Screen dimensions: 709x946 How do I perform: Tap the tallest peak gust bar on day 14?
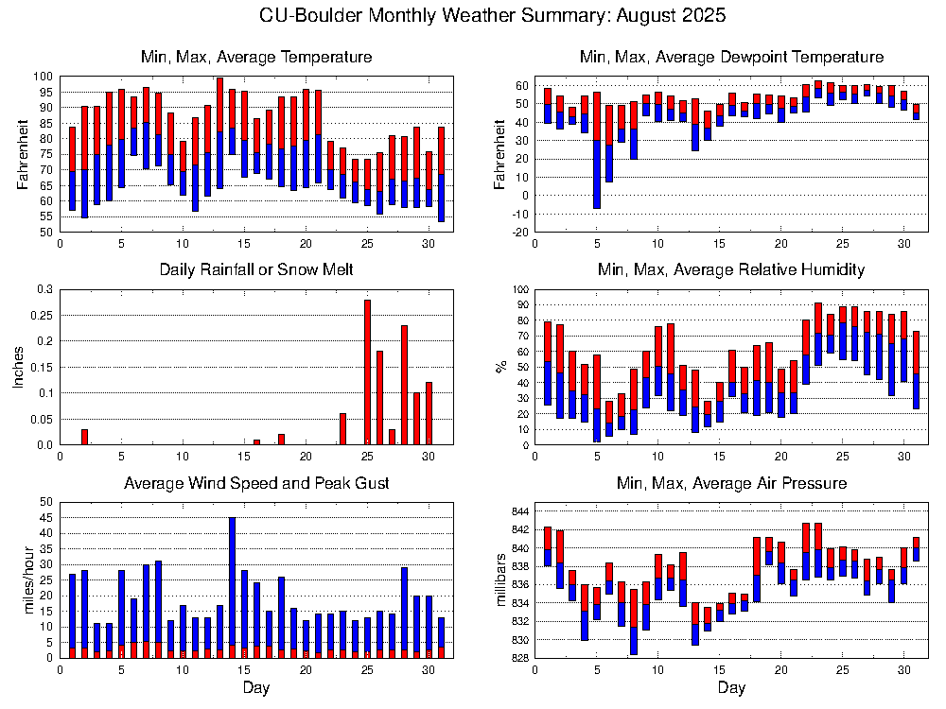click(232, 586)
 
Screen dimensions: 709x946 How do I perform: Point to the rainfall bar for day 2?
click(84, 437)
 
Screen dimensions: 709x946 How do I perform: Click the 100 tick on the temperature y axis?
click(44, 76)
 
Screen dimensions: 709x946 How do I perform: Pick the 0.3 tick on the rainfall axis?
click(43, 289)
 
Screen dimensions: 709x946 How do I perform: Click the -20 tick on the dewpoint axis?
click(517, 232)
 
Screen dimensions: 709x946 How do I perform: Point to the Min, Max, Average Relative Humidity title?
click(731, 270)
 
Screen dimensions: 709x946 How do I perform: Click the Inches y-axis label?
click(18, 367)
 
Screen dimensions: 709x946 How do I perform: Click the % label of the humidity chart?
click(501, 367)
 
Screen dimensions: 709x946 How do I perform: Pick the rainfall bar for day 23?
click(342, 429)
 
